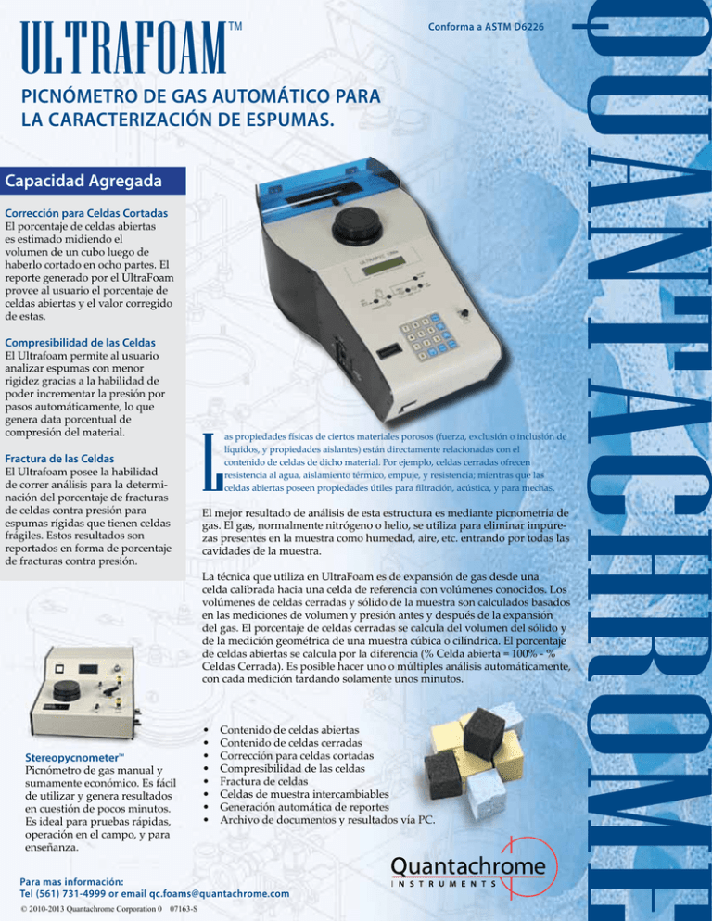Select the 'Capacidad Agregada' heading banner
coord(84,179)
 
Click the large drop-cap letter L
coord(210,460)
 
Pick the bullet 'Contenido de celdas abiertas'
coord(288,730)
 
